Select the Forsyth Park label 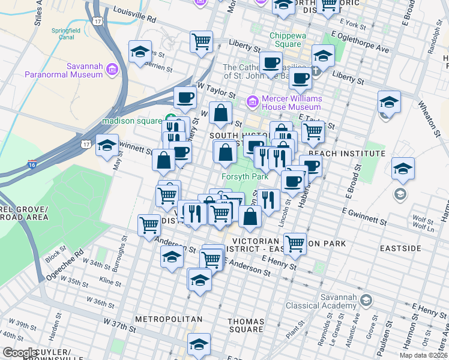coord(245,177)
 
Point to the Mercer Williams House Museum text coord(291,103)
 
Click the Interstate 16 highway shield coord(30,164)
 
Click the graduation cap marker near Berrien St coord(140,52)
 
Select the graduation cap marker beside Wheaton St coord(389,103)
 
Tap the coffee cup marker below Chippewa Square coord(271,62)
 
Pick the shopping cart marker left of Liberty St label coord(201,42)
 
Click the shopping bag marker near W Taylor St coord(221,112)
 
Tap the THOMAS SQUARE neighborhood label coord(246,325)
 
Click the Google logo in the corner coord(20,353)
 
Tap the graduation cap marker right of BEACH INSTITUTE coord(403,169)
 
